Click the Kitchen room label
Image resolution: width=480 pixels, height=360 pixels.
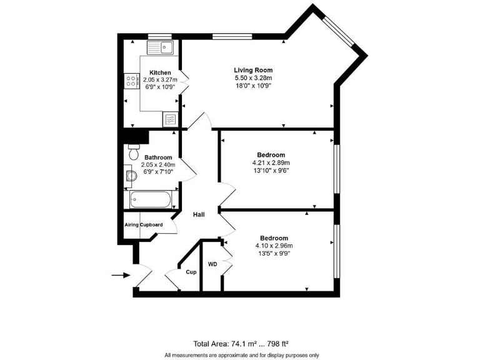click(160, 72)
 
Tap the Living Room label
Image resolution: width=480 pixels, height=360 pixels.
click(253, 70)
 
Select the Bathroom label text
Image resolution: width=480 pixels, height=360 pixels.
click(158, 157)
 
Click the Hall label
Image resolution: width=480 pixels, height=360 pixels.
click(199, 214)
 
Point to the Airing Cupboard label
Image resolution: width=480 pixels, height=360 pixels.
click(144, 224)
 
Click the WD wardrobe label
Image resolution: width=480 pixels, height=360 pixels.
click(212, 264)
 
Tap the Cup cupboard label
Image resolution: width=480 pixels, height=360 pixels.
click(191, 272)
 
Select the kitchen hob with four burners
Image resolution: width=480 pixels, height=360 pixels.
click(132, 81)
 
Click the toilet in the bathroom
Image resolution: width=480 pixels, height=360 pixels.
click(133, 152)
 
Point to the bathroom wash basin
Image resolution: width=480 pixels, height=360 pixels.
click(130, 176)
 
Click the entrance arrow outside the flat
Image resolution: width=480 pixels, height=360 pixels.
click(119, 274)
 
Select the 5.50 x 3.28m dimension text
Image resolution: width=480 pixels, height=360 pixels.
click(253, 78)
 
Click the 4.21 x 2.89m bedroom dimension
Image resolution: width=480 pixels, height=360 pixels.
click(271, 162)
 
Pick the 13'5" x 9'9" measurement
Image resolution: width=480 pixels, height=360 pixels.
click(274, 254)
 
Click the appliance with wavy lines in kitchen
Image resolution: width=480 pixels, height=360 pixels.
click(170, 117)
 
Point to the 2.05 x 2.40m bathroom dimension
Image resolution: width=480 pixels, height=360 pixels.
click(158, 165)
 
